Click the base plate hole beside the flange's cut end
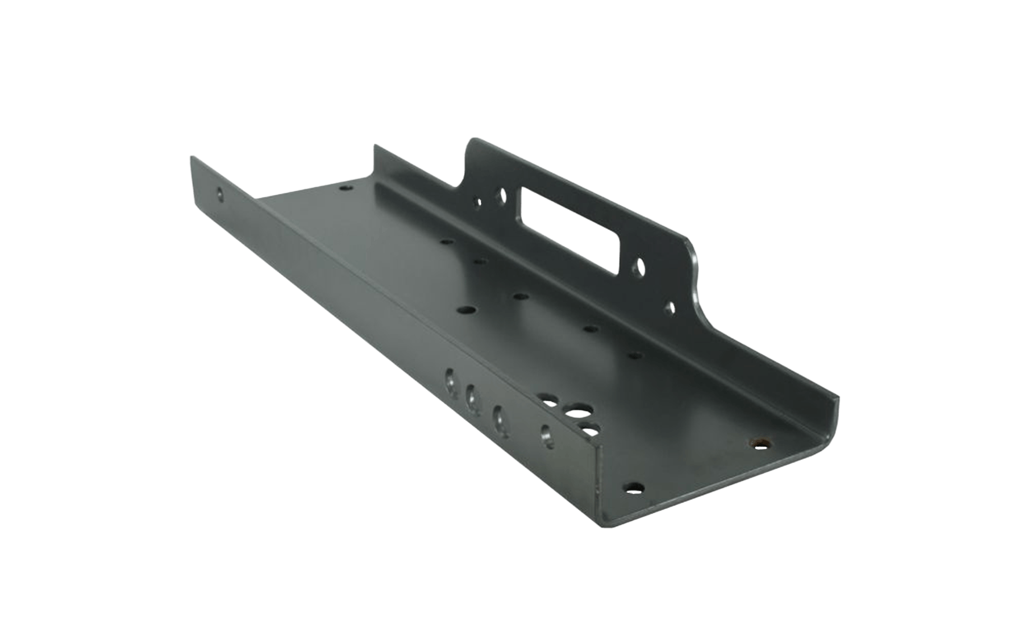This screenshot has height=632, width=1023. tap(634, 487)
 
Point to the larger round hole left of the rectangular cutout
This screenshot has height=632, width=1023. tap(501, 197)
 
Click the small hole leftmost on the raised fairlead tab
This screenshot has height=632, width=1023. tap(477, 201)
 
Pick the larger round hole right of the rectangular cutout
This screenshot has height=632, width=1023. tap(641, 266)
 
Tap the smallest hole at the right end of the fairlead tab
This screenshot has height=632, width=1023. tap(671, 308)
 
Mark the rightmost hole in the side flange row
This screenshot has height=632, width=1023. tap(546, 435)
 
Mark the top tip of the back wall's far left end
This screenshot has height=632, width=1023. tap(375, 147)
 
